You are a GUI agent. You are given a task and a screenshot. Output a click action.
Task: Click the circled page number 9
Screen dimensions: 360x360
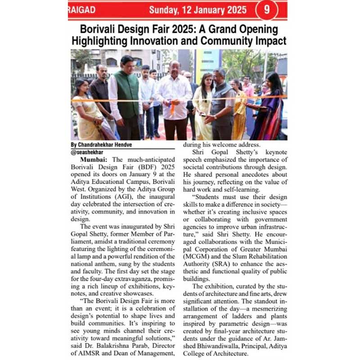pos(266,9)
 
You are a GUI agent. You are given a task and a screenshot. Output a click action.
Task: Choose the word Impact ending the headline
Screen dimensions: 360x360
pos(269,41)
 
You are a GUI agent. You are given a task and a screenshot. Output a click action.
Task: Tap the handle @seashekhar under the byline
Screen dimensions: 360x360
pos(87,152)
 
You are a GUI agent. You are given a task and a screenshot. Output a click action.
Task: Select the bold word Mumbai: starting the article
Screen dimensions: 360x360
pos(93,160)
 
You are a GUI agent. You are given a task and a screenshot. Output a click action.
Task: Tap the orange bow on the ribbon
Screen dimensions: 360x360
pos(172,108)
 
